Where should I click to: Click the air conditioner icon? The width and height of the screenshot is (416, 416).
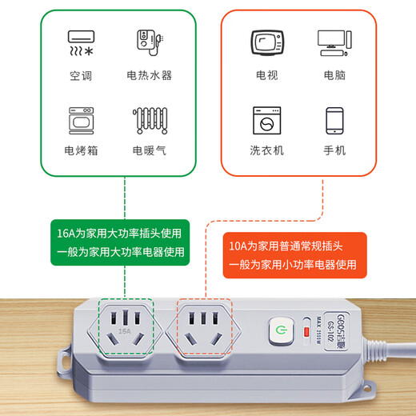click(80, 44)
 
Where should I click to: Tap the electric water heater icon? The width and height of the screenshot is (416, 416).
click(148, 44)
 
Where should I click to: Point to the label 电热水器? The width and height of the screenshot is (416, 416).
click(149, 76)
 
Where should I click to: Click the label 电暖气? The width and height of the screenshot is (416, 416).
click(149, 150)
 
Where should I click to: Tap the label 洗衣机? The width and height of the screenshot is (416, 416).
click(266, 150)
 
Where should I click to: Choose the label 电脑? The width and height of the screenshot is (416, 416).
click(334, 76)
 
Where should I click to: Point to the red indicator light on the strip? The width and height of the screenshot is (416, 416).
click(306, 330)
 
